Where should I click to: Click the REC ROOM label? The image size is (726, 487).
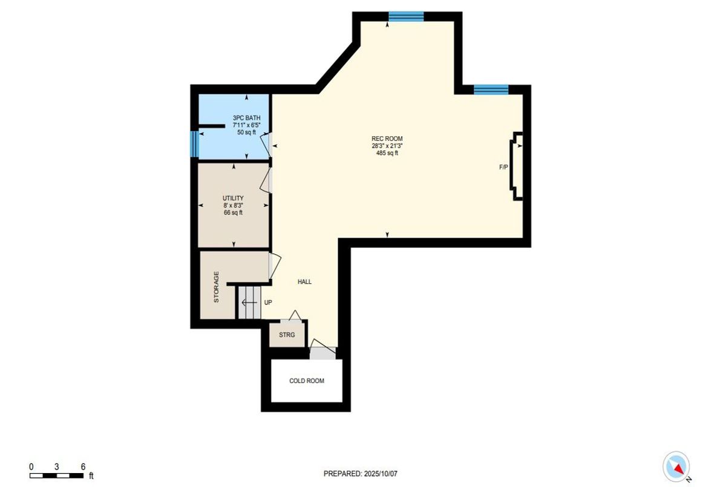click(387, 139)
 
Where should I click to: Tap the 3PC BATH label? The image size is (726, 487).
click(246, 118)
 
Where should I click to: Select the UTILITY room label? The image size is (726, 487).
click(233, 198)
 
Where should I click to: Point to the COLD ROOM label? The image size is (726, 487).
click(307, 381)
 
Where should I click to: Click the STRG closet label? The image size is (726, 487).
click(287, 335)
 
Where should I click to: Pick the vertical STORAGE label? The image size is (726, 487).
click(216, 287)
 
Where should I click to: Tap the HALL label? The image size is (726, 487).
click(305, 282)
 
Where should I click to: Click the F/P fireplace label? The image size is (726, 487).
click(503, 167)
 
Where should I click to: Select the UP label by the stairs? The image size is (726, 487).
click(268, 302)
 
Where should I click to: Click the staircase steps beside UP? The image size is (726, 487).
click(250, 302)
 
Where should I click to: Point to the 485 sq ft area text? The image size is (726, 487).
click(387, 153)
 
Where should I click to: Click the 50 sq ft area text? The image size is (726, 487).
click(246, 132)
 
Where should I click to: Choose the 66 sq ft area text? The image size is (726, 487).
click(233, 212)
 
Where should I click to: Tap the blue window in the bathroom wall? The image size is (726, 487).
click(194, 144)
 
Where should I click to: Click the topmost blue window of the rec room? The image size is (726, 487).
click(406, 16)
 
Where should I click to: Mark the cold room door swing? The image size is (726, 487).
click(323, 346)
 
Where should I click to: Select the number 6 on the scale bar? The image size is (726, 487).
click(83, 466)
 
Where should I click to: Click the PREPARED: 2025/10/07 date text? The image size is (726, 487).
click(361, 474)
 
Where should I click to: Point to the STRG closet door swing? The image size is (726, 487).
click(295, 315)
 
